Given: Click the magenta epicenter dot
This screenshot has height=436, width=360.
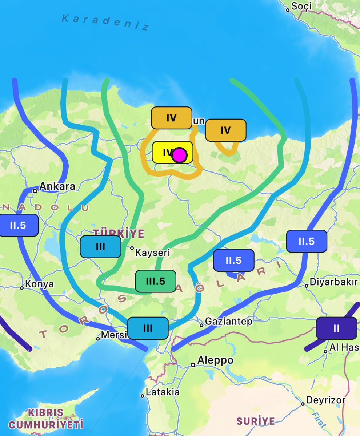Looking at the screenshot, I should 179,155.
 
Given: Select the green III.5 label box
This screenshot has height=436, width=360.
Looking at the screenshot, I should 155,281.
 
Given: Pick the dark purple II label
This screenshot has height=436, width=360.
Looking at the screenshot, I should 336,328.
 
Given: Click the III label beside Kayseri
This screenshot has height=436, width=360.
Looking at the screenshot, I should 100,247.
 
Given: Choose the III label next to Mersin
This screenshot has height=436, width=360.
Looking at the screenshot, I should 148,328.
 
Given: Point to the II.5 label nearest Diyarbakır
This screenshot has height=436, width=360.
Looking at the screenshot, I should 306,241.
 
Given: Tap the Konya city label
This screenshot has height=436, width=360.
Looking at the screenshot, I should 40,284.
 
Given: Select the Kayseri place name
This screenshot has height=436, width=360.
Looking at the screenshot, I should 152,252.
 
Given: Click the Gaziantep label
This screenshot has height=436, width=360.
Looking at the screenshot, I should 228,322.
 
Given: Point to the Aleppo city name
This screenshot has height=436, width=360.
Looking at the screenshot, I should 215,360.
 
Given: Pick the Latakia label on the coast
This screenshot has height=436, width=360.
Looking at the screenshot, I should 162,392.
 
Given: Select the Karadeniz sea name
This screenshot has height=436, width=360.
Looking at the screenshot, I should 105,23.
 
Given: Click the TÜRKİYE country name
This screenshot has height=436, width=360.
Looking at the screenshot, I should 119,233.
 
